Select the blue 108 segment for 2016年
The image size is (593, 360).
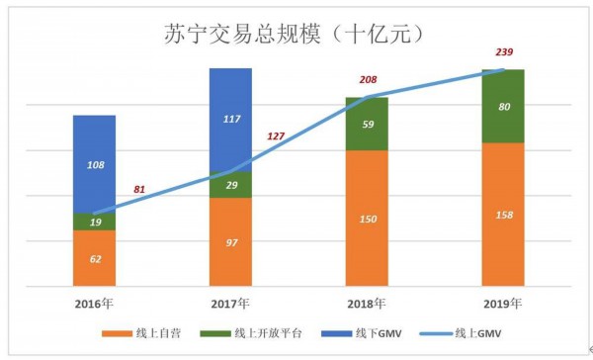click(94, 164)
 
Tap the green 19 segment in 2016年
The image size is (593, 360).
click(94, 222)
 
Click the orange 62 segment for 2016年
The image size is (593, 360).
click(94, 258)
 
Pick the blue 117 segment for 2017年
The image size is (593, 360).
click(230, 119)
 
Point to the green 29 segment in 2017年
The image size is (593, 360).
click(230, 185)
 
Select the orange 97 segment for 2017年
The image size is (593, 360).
click(230, 241)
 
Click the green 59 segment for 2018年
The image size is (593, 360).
click(366, 125)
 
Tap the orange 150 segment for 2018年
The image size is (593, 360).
click(366, 218)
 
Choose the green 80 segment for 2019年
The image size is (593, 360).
click(502, 107)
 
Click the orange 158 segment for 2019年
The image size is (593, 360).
click(502, 214)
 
